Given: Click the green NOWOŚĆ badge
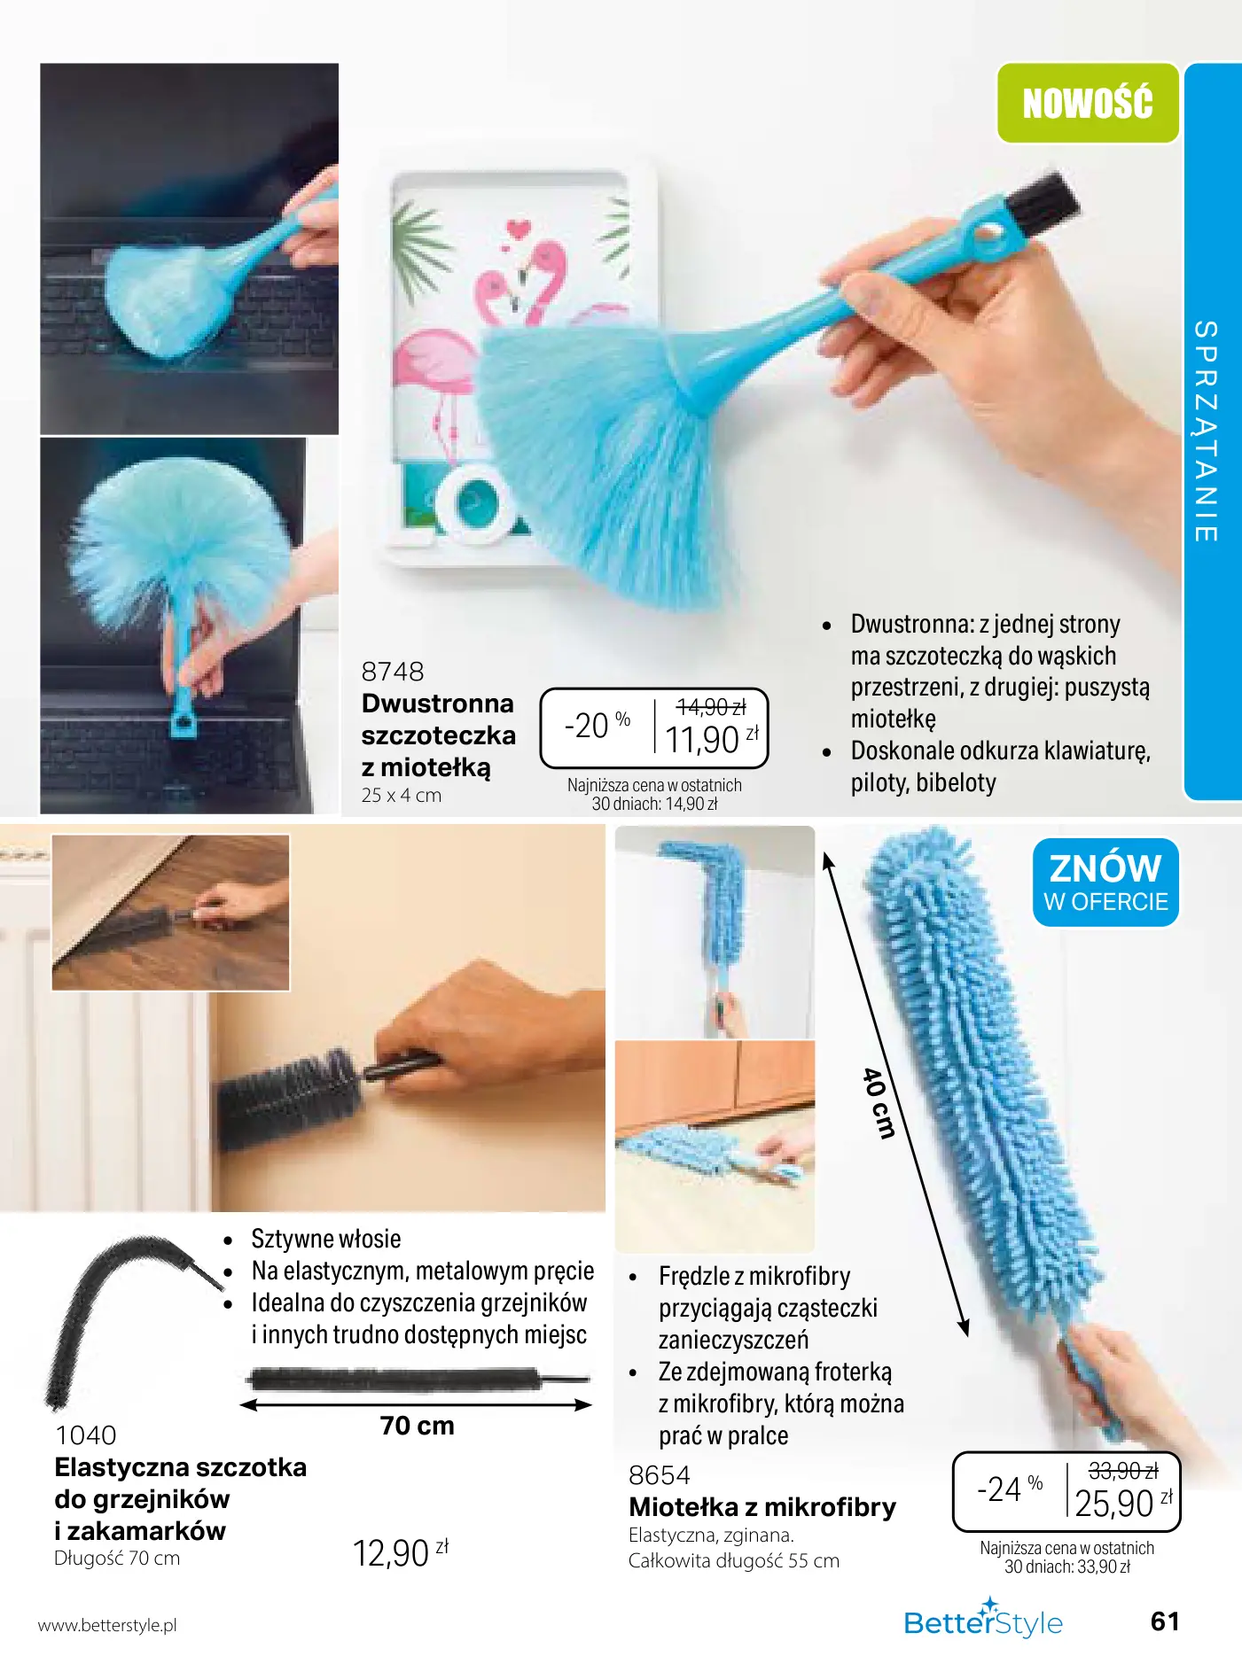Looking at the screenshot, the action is pos(1088,103).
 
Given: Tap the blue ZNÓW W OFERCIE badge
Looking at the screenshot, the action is pos(1105,882).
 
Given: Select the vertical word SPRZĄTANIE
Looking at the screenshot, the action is pos(1206,431).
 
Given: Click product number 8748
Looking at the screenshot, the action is pos(393,672).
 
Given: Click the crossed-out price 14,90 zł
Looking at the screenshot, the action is pos(711,707).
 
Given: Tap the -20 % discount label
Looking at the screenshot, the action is pos(598,725).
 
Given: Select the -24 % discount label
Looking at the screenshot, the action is pos(1010,1489).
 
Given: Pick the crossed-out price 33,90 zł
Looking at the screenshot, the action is pos(1123,1471).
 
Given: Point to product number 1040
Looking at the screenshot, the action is pos(86,1435).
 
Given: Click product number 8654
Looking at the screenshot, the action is pos(660,1475).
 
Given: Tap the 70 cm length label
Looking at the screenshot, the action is pos(418,1426).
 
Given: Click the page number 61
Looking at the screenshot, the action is pos(1165,1621).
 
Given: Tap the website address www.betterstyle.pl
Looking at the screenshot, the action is pos(107,1625).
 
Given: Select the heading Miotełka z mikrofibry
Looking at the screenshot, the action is pos(762,1507).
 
